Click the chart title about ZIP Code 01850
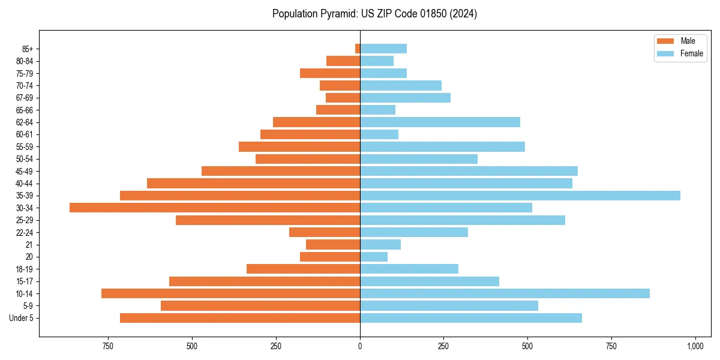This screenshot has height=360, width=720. click(374, 14)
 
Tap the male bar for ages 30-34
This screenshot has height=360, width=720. click(215, 208)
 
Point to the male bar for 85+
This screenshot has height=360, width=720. click(358, 49)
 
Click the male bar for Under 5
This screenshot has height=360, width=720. click(240, 318)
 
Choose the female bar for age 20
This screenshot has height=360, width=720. click(374, 257)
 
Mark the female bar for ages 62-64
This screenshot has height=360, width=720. click(440, 122)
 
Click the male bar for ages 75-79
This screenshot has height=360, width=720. click(330, 73)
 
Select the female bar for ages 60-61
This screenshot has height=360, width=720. click(379, 134)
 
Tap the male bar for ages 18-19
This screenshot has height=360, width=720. click(303, 269)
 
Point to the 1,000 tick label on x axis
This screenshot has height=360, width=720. click(695, 347)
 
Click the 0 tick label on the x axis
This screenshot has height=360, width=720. click(360, 347)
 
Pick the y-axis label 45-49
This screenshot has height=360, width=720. click(25, 171)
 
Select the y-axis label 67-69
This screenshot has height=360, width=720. click(25, 98)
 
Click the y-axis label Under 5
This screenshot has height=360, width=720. click(22, 318)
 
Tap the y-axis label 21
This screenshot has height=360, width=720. click(29, 245)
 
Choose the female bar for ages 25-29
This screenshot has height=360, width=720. click(463, 220)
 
